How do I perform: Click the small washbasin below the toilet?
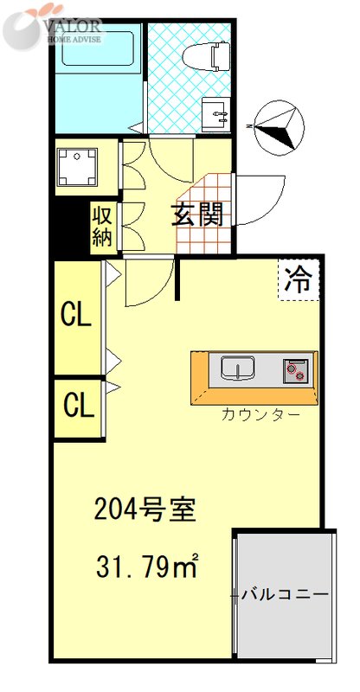coord(215,112)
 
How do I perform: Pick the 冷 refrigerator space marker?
coord(299,279)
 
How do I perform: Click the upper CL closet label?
coord(76,316)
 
